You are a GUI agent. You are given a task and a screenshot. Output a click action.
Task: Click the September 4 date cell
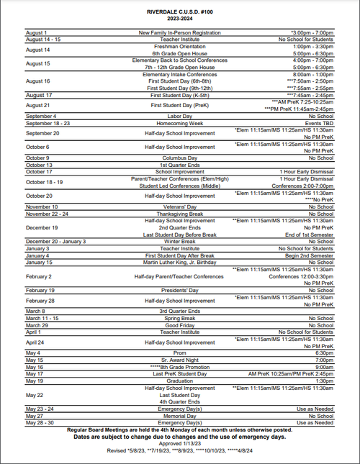click(x=41, y=116)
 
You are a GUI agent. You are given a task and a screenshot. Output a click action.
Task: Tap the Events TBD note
click(x=318, y=122)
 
